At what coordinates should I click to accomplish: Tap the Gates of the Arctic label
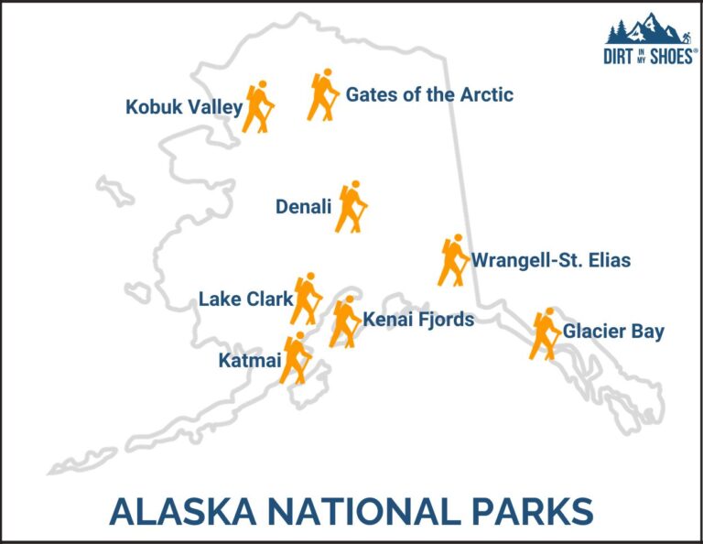[429, 94]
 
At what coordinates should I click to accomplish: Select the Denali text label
[303, 208]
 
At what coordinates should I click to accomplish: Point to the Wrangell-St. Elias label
[550, 261]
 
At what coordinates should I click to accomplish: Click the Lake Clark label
[245, 299]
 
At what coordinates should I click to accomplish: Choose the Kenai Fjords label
[418, 320]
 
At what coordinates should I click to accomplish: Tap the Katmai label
[248, 360]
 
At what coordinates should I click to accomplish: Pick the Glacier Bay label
[613, 332]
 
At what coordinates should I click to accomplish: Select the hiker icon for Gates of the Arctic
[323, 94]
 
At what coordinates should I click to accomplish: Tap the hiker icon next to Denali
[351, 207]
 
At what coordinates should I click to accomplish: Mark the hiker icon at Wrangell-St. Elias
[452, 261]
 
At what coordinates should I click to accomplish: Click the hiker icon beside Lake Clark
[306, 299]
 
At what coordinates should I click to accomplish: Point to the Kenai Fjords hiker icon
[344, 322]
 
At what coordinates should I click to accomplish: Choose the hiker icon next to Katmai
[296, 358]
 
